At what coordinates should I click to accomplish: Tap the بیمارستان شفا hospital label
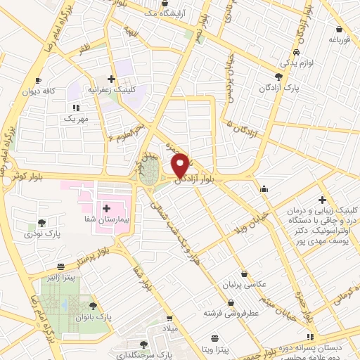(x=106, y=220)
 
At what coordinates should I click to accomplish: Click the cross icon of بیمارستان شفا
(x=107, y=208)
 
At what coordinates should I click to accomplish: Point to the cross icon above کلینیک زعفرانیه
(x=112, y=79)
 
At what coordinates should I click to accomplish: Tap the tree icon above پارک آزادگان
(x=279, y=76)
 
